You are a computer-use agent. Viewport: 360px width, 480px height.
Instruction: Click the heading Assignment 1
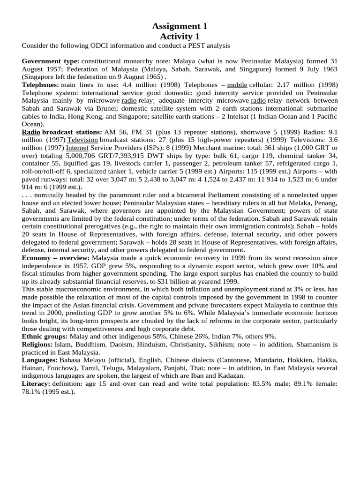pos(180,26)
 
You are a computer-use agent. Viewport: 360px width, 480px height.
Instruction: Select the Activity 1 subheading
pos(180,37)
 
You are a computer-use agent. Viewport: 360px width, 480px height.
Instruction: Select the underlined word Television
pos(82,140)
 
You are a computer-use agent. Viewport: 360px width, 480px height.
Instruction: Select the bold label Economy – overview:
pos(56,258)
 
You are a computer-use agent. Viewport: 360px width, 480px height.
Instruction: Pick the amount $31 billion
pos(166,281)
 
